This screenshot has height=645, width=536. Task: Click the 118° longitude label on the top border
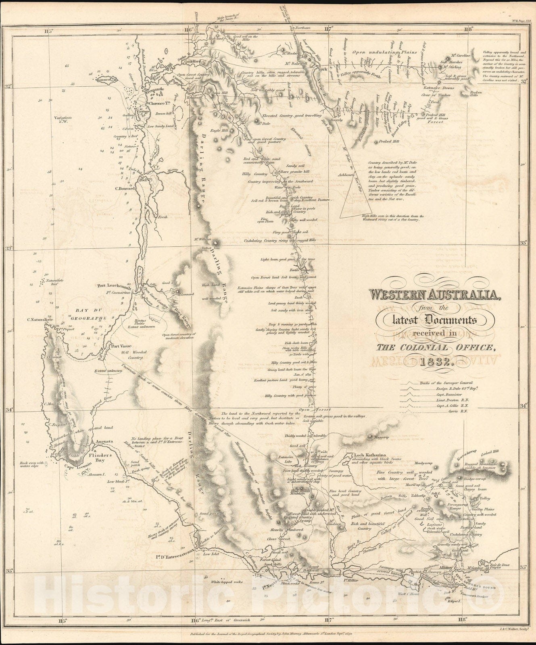point(468,29)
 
